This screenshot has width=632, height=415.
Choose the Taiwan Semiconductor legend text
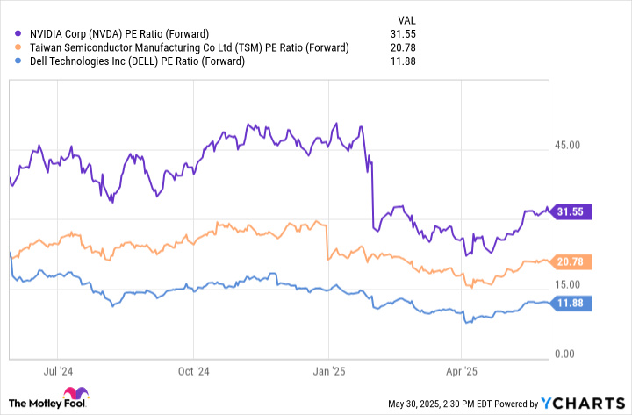(x=188, y=47)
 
